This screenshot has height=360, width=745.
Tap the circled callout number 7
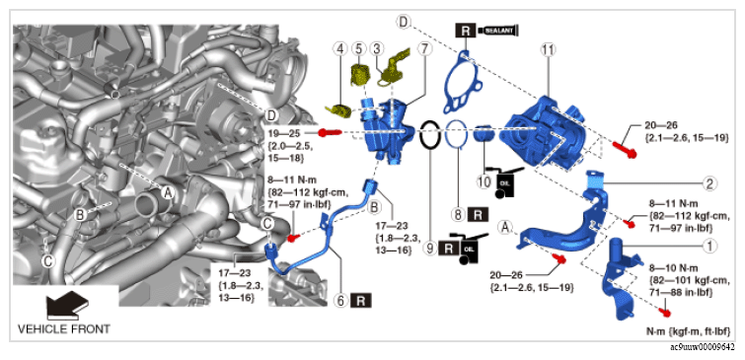click(424, 48)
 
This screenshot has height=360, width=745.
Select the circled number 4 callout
click(379, 48)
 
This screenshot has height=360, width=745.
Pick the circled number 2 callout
click(709, 183)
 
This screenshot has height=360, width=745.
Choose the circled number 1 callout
click(709, 246)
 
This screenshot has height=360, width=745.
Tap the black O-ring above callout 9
click(430, 134)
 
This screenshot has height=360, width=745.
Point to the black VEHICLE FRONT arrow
click(67, 305)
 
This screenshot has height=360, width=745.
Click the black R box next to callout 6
click(360, 300)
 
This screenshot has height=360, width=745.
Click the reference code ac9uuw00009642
click(703, 347)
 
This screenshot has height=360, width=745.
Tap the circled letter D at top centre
click(404, 22)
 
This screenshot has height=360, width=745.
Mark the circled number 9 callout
click(430, 248)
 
